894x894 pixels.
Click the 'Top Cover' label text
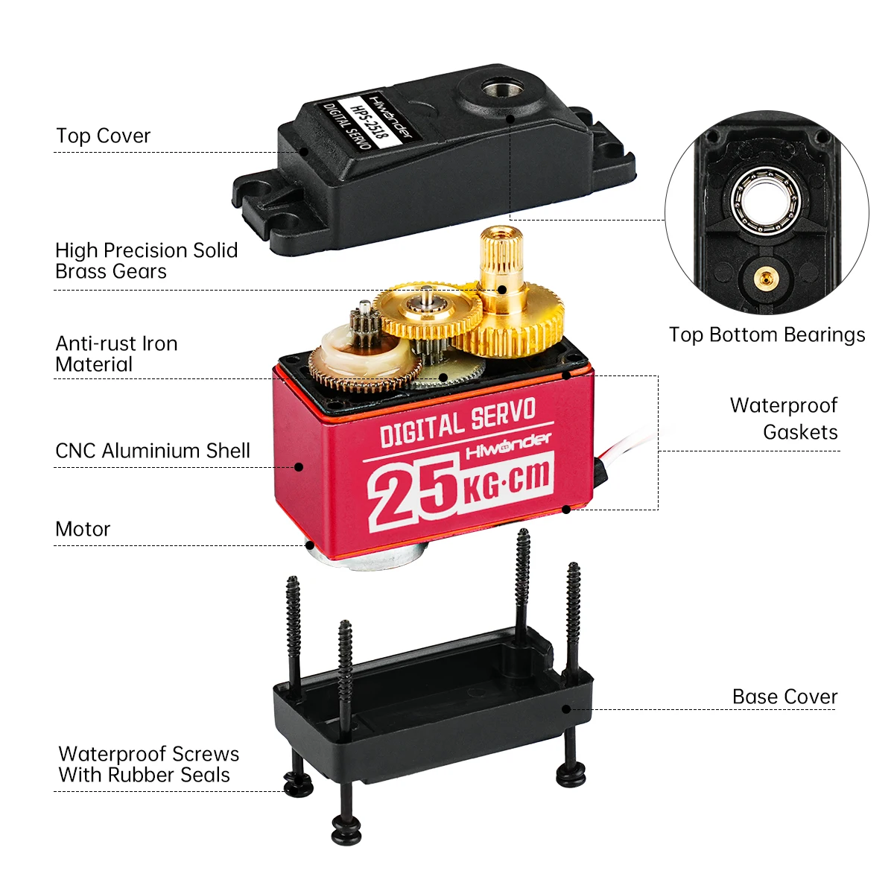pyautogui.click(x=103, y=136)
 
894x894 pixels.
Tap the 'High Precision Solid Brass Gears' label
pyautogui.click(x=146, y=261)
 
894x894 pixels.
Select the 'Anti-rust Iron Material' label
pyautogui.click(x=116, y=354)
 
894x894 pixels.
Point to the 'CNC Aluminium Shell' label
pyautogui.click(x=152, y=451)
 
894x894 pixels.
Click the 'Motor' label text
pyautogui.click(x=83, y=530)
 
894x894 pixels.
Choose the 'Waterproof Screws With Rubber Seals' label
pyautogui.click(x=148, y=764)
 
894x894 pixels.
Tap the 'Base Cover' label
pyautogui.click(x=784, y=697)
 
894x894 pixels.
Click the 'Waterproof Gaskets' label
pyautogui.click(x=784, y=419)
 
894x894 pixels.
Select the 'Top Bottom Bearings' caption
pyautogui.click(x=767, y=335)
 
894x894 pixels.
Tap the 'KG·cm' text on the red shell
pyautogui.click(x=507, y=480)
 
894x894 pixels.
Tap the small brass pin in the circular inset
pyautogui.click(x=763, y=279)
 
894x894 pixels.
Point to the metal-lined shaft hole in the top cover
pyautogui.click(x=494, y=89)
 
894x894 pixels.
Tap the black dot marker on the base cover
pyautogui.click(x=566, y=708)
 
